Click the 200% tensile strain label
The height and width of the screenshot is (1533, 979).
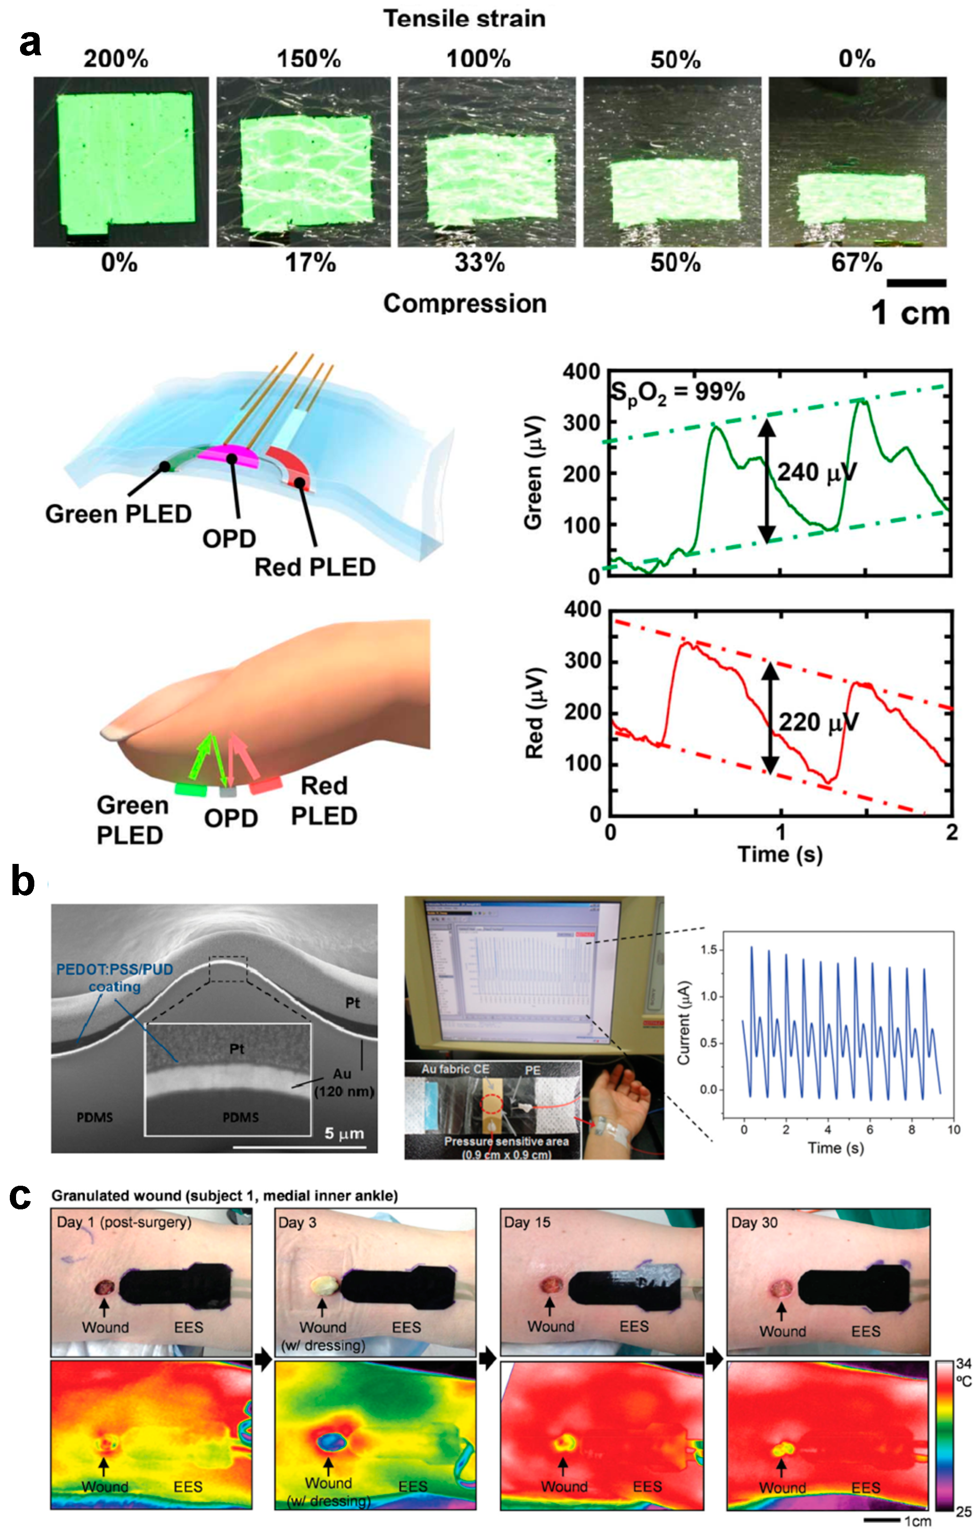(116, 59)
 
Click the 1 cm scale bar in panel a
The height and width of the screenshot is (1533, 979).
(916, 284)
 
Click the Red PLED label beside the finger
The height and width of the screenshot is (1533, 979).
(324, 800)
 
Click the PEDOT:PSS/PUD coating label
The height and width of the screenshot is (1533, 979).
(115, 977)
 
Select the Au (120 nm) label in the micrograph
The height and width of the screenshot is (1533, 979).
(344, 1082)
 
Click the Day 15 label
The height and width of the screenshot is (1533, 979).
(527, 1222)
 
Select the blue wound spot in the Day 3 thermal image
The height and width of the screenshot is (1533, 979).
(331, 1441)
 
